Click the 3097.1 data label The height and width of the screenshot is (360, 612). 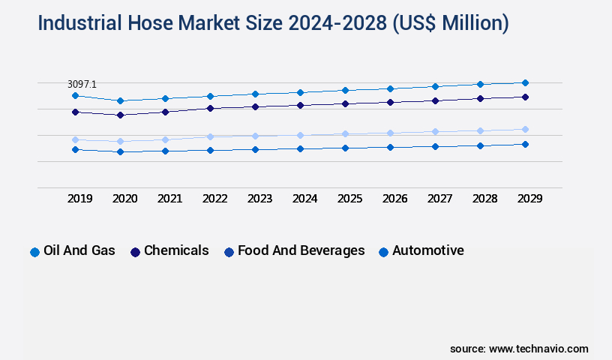pos(82,85)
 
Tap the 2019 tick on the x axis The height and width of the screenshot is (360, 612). pos(80,199)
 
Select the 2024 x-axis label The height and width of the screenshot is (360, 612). pos(304,199)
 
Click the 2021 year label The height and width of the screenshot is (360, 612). pos(169,199)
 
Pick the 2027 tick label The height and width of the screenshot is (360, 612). pos(439,199)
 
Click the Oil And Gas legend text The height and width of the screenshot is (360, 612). pos(79,250)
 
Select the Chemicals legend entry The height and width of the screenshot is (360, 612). pos(176,250)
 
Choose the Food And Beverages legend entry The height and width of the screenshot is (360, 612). pos(301,250)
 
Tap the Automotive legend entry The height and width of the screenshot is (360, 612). pos(427,250)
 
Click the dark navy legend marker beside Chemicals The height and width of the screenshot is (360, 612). pos(136,252)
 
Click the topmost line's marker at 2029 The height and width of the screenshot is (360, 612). pos(525,82)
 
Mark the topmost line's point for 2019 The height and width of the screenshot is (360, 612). pos(75,95)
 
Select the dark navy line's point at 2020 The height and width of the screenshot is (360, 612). pos(120,115)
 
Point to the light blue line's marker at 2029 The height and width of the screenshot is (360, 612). pos(525,129)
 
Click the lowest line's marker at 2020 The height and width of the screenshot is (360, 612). pos(120,151)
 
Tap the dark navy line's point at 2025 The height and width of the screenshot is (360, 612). pos(345,103)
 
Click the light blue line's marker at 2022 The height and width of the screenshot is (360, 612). pos(210,136)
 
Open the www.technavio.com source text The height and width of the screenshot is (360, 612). pos(538,349)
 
